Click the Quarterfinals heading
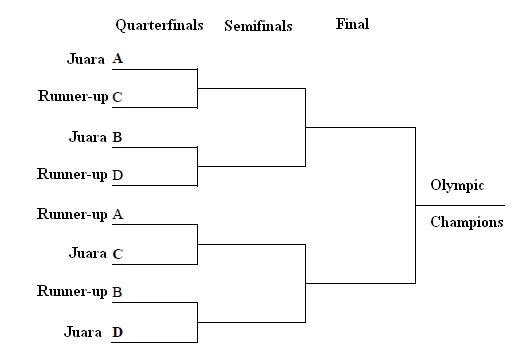[x=159, y=25]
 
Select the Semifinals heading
[x=258, y=26]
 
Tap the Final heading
[x=352, y=24]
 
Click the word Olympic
[x=457, y=185]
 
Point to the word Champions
[x=467, y=222]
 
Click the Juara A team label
[x=95, y=59]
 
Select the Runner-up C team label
[x=80, y=96]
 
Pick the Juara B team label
[x=96, y=137]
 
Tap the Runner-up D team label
[x=80, y=174]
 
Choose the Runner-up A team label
[x=80, y=214]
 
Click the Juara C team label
[x=96, y=253]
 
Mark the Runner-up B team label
[x=80, y=291]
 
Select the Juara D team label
[x=94, y=332]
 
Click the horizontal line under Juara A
[x=155, y=69]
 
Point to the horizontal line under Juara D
[x=155, y=342]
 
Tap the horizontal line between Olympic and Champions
[x=460, y=205]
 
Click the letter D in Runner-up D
[x=118, y=175]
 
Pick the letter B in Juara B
[x=117, y=137]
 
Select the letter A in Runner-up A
[x=118, y=214]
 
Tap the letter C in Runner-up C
[x=118, y=97]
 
